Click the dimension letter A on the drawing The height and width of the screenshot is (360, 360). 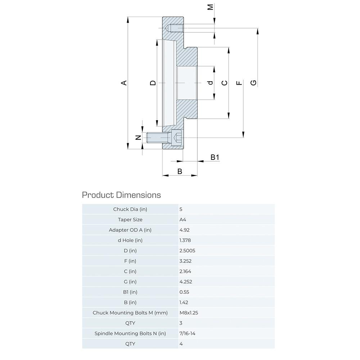click(x=124, y=83)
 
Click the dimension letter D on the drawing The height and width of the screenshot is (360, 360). click(x=153, y=83)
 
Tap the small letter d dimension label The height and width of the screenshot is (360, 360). click(x=211, y=83)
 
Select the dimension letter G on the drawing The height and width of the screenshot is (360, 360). click(x=254, y=83)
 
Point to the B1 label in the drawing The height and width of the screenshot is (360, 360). click(x=215, y=157)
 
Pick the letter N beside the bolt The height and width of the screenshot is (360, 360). click(x=138, y=138)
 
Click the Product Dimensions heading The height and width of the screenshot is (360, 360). click(x=121, y=195)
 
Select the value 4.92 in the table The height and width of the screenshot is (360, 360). click(x=184, y=230)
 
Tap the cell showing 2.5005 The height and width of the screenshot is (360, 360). click(x=187, y=251)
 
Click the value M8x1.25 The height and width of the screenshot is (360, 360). click(x=189, y=312)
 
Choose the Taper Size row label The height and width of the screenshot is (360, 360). click(x=130, y=219)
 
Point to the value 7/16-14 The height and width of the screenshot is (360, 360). click(x=187, y=333)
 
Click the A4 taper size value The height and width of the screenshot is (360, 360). click(x=183, y=219)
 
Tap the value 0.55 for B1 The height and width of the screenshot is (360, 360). click(x=184, y=292)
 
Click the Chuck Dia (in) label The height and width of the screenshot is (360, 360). click(x=130, y=209)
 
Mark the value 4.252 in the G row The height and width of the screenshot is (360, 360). click(x=185, y=282)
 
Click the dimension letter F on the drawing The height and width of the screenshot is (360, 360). click(x=239, y=83)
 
